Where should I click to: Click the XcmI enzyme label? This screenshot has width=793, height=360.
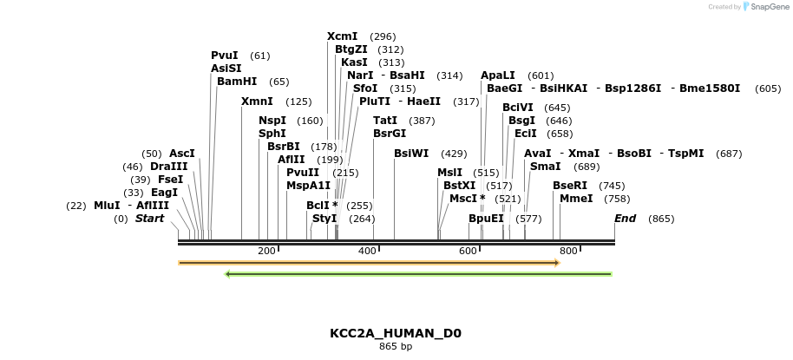coord(342,36)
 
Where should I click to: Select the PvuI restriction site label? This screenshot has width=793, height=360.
coord(224,56)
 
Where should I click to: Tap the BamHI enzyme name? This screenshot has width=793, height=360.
coord(237,82)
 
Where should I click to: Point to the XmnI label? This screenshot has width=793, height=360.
coord(257,101)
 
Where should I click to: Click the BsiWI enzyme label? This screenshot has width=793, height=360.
coord(411,154)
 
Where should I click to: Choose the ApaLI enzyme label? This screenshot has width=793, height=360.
coord(498,75)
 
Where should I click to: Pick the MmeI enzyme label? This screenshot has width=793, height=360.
coord(576,199)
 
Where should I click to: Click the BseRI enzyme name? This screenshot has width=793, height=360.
coord(570,186)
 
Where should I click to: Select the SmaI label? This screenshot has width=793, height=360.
coord(545,167)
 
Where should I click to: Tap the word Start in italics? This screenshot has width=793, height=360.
coord(149,219)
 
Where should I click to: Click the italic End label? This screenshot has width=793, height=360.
coord(625,219)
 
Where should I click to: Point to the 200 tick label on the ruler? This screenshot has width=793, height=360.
coord(267,251)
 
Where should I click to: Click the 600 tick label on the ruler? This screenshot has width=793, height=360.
coord(469,251)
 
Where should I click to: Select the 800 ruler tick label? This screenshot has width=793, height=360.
coord(568,251)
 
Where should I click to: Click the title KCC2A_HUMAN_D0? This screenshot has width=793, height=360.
coord(396,333)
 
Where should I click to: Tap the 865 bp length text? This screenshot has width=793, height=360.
coord(396,347)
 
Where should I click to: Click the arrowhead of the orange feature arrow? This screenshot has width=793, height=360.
coord(557,262)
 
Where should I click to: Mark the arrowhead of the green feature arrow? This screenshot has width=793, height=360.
coord(227,274)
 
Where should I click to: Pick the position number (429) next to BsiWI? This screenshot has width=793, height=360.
coord(454,154)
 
